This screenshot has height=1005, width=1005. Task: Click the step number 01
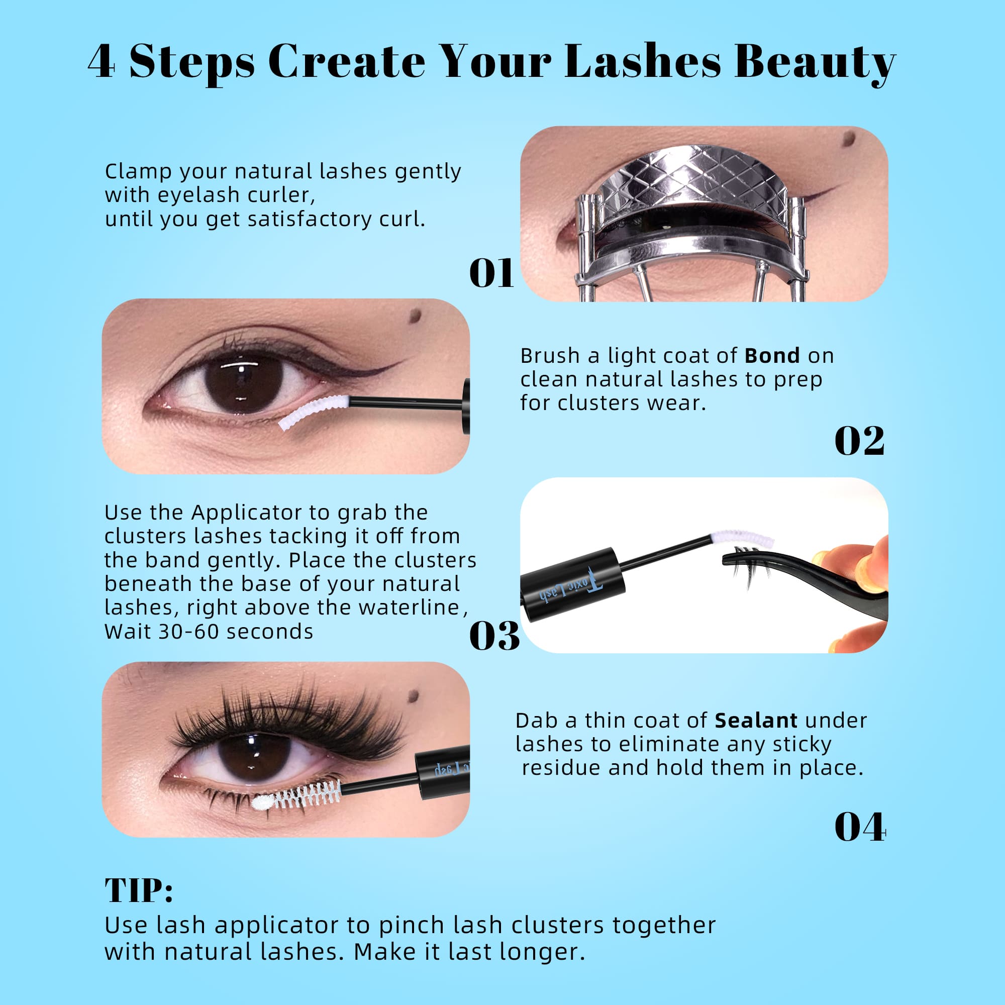click(x=491, y=273)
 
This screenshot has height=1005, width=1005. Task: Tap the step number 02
click(x=859, y=441)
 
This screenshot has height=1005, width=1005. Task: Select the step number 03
click(x=493, y=636)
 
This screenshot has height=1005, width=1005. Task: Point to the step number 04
click(x=859, y=827)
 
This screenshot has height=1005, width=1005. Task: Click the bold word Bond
click(x=772, y=356)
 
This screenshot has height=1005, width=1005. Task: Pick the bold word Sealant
click(x=756, y=721)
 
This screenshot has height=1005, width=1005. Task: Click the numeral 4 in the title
click(x=102, y=62)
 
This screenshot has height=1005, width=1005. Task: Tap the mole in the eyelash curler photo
click(x=848, y=138)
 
